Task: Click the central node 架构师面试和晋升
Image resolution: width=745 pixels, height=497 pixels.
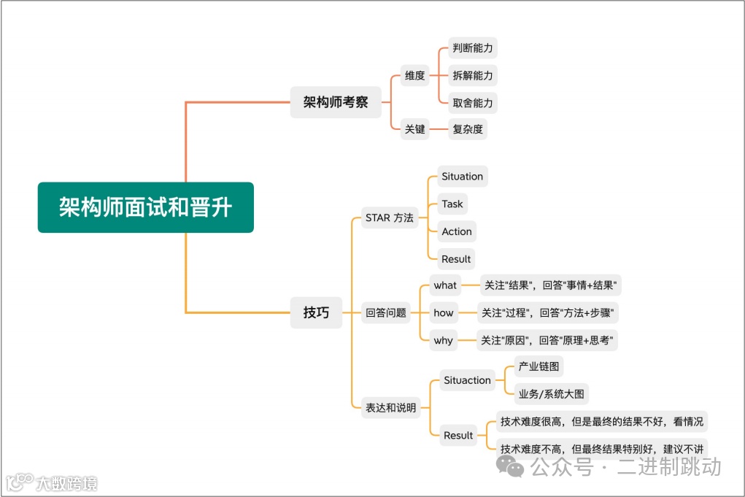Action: pos(145,207)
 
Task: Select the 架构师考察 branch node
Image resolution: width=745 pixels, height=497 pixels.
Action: pos(336,103)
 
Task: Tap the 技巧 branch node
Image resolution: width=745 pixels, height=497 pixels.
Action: pos(316,313)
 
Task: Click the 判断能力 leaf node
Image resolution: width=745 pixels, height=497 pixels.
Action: pos(472,49)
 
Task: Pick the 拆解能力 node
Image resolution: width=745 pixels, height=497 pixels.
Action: pos(472,75)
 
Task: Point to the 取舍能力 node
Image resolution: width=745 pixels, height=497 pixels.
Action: pos(472,103)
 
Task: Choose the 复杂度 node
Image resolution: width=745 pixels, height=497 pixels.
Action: pos(467,130)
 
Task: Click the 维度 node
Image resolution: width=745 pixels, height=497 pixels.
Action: pos(414,75)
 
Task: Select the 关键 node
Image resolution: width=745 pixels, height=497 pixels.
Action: pos(414,130)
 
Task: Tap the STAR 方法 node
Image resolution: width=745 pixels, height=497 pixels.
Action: pos(388,217)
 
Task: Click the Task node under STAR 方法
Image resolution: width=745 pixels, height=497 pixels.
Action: pos(452,204)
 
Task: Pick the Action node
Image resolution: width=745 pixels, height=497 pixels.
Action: pos(456,231)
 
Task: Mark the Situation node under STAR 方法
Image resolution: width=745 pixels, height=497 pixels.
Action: pos(462,177)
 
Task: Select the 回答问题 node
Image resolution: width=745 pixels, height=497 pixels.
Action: pos(386,313)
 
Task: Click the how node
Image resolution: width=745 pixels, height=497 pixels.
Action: pos(443,313)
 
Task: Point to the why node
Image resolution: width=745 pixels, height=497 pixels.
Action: pos(443,341)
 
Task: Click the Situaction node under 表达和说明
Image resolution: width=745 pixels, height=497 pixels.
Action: pos(467,380)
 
